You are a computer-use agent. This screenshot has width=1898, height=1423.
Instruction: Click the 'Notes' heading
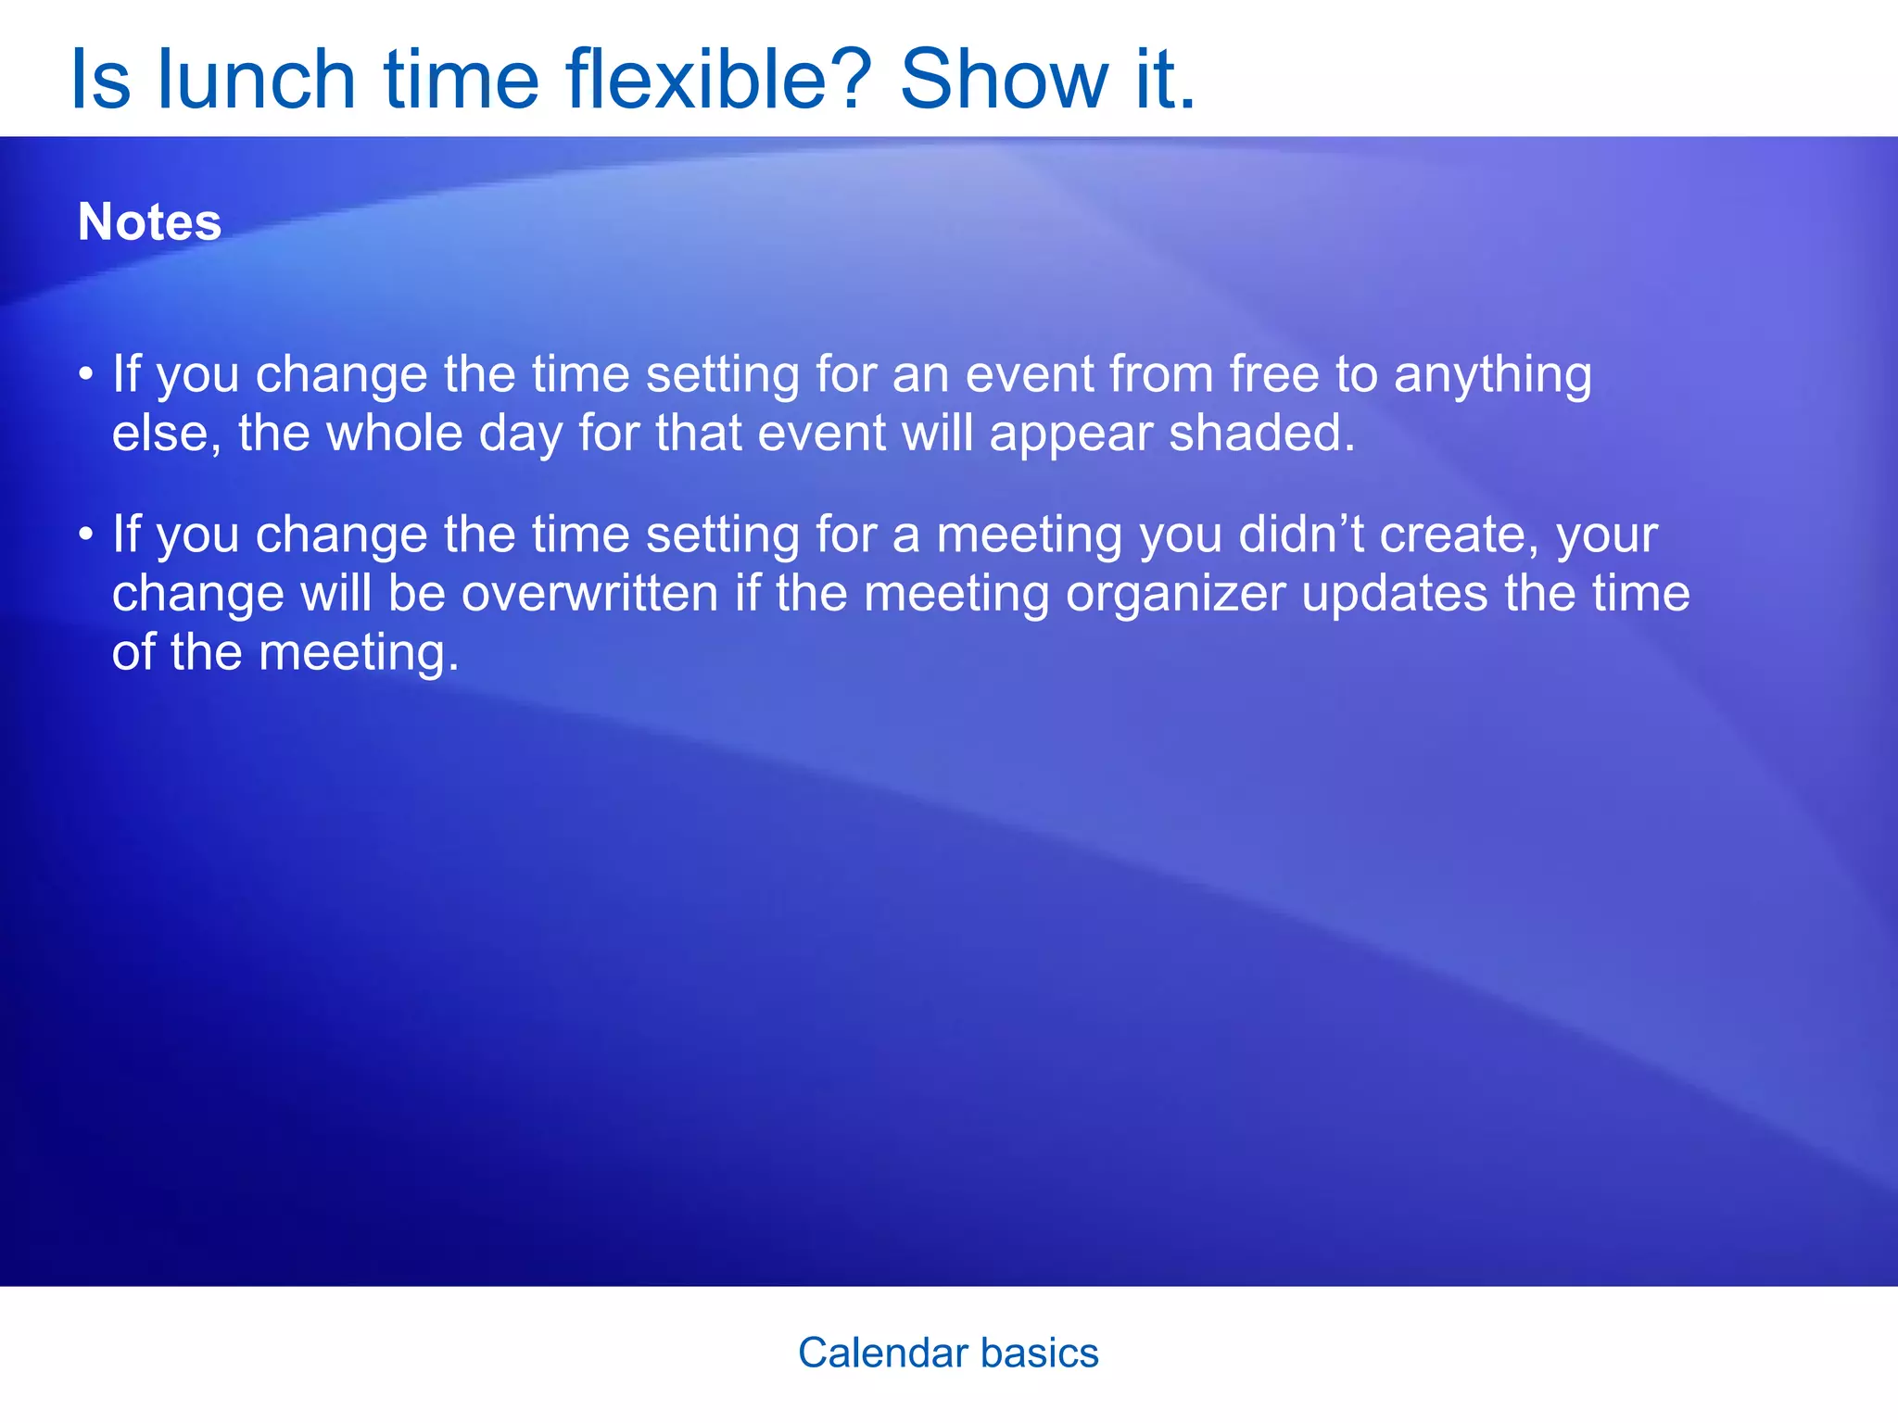149,222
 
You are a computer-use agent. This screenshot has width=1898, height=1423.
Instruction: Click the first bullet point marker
86,375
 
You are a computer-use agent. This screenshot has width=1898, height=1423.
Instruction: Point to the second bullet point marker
86,535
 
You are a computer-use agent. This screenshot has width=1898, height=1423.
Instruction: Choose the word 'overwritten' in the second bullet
589,594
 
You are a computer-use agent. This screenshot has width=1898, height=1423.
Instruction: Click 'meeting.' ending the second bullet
359,654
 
